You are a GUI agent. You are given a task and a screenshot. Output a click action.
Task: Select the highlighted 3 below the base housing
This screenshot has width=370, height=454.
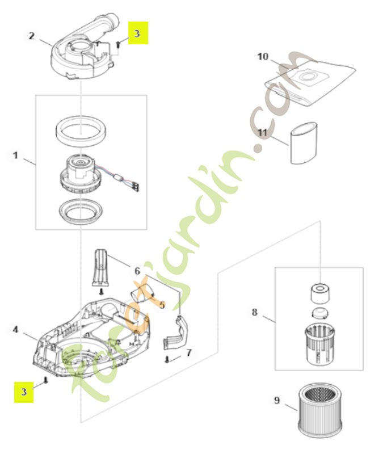tap(23, 391)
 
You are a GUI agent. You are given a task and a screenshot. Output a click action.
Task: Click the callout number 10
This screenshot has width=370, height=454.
tap(262, 56)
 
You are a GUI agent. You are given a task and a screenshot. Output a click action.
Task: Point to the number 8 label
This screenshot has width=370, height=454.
tap(254, 312)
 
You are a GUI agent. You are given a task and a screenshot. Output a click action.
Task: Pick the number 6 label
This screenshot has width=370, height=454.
tap(137, 271)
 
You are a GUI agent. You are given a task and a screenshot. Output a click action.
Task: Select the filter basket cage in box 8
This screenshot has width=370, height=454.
tap(319, 340)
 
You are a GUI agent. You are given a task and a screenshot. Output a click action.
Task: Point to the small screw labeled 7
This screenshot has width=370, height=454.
tap(168, 359)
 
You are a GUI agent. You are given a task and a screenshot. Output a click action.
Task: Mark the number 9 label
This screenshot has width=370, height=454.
tap(277, 401)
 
